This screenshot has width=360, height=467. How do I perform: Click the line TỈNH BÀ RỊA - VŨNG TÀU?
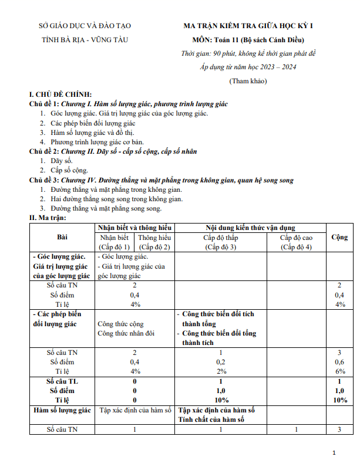85,40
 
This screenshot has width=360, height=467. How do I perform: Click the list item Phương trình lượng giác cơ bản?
97,142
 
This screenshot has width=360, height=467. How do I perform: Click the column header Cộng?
339,237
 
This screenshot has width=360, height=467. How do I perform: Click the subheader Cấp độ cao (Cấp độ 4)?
296,242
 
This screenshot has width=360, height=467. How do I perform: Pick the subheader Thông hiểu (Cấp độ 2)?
154,242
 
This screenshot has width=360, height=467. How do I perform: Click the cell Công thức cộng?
120,324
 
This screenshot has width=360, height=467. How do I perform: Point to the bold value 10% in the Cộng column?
339,400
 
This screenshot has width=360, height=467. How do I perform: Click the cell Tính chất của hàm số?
211,419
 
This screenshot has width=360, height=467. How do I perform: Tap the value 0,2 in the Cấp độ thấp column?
221,362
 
